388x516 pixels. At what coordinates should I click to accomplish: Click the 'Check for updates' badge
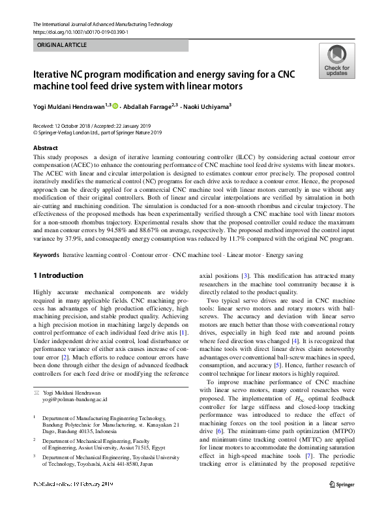click(x=336, y=61)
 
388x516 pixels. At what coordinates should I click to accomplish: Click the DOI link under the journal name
click(x=80, y=31)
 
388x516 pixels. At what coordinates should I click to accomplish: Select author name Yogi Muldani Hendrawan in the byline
click(x=72, y=104)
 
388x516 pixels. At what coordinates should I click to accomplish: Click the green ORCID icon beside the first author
click(x=117, y=104)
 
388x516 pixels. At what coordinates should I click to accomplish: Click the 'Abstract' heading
click(x=45, y=148)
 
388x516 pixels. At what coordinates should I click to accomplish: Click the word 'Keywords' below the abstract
click(x=46, y=254)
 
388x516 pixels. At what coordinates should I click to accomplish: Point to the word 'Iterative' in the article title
click(x=55, y=74)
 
